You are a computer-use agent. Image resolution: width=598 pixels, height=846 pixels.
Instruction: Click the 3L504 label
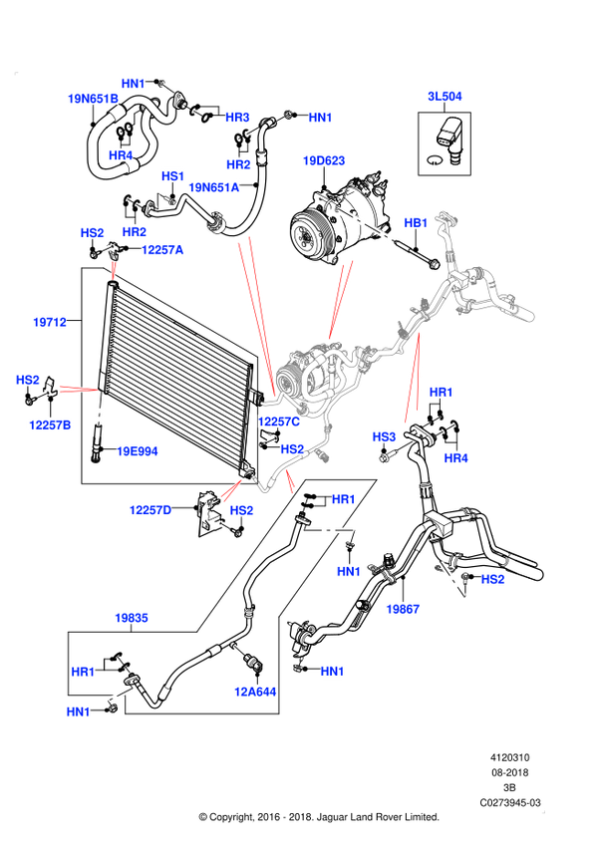445,97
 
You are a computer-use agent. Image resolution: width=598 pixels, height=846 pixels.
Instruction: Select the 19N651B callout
93,99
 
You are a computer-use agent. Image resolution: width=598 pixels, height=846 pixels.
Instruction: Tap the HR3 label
237,118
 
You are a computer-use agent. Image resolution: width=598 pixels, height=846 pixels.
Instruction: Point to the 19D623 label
324,160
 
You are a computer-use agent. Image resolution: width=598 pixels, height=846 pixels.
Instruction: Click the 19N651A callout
214,187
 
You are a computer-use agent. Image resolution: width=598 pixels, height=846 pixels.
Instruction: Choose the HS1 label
173,176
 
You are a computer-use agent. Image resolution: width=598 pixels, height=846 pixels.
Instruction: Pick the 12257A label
162,250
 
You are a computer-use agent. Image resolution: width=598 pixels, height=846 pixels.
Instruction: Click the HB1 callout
416,222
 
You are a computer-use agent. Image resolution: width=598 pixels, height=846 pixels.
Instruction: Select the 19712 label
50,322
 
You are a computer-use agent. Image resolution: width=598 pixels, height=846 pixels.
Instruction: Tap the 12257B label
50,425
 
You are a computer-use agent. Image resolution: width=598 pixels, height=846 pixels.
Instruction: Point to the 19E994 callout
138,451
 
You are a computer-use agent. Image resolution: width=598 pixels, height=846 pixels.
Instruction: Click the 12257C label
279,422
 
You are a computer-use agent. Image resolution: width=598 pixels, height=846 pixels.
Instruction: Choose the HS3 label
385,436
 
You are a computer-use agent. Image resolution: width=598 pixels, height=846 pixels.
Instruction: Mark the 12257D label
150,510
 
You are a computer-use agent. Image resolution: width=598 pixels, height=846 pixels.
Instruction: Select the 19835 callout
132,618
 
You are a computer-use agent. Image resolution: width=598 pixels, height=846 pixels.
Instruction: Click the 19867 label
403,609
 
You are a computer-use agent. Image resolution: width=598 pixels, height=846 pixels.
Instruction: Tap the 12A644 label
254,692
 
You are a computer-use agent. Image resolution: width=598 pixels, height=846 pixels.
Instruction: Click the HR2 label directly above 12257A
135,232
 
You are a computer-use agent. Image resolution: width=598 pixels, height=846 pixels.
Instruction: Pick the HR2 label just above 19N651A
238,164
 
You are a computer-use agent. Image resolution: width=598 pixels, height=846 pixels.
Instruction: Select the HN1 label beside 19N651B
134,83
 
